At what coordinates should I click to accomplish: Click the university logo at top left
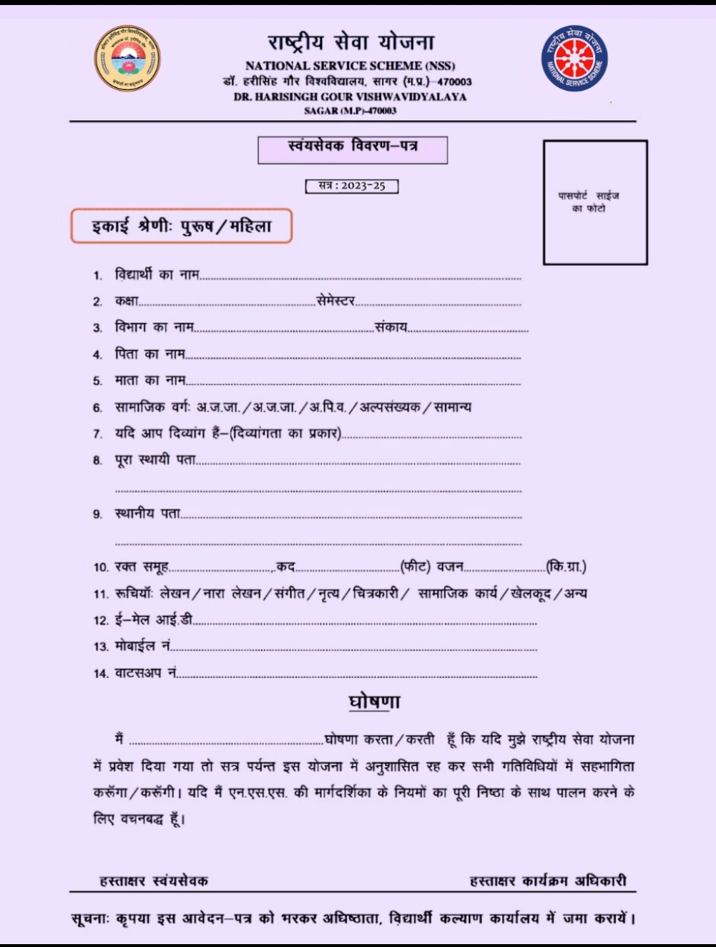127,58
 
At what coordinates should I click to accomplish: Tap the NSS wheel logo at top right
573,58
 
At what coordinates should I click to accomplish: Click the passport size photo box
595,202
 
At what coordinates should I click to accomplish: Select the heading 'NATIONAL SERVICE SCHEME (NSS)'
350,66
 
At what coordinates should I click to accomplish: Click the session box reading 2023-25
351,186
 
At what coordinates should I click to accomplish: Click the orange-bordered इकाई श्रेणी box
182,226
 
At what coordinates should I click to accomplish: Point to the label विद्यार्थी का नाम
157,275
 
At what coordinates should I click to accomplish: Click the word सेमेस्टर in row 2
335,301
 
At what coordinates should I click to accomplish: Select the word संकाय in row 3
391,327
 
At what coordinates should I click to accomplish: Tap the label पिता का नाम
149,353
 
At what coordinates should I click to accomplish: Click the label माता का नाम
149,380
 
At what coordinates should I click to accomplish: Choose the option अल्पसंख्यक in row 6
390,407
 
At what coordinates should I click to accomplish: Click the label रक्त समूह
141,566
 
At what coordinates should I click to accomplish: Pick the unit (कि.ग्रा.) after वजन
566,566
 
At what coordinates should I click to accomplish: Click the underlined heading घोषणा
374,702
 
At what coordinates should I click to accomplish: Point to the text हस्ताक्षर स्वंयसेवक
154,880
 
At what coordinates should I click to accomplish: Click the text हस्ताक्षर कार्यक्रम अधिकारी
548,880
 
